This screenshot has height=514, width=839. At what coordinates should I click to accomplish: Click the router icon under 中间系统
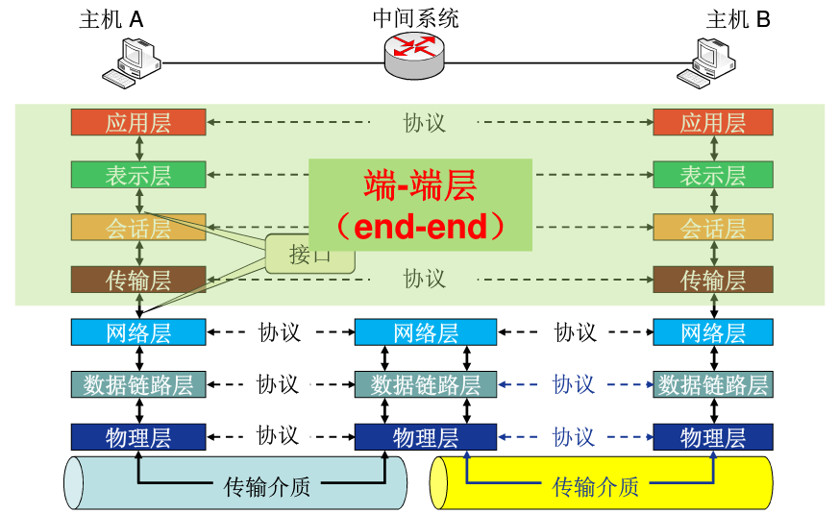coord(415,54)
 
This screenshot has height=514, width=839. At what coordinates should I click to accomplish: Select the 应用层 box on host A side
coord(138,123)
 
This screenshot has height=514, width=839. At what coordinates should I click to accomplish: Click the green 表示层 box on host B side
coord(712,175)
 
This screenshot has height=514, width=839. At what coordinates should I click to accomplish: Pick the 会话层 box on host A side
coord(138,228)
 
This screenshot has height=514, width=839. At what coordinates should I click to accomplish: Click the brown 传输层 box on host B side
coord(712,280)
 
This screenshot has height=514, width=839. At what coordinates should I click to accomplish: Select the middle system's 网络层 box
coord(425,332)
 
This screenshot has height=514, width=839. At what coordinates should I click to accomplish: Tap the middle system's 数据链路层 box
coord(425,384)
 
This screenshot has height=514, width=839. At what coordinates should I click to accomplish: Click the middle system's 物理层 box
coord(425,437)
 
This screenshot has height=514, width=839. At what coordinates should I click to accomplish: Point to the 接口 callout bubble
coord(309,254)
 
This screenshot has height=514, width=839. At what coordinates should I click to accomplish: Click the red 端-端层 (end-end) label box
coord(420,205)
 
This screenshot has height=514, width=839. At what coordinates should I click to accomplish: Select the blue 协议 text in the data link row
coord(574,384)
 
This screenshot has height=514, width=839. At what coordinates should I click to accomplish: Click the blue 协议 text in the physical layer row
coord(574,437)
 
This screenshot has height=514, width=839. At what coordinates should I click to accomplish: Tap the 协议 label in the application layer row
coord(424,123)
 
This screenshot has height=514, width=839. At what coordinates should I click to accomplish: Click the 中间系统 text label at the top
coord(415,17)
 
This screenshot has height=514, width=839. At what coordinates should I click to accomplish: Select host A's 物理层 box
coord(138,437)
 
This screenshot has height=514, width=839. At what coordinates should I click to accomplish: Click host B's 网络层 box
coord(712,332)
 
